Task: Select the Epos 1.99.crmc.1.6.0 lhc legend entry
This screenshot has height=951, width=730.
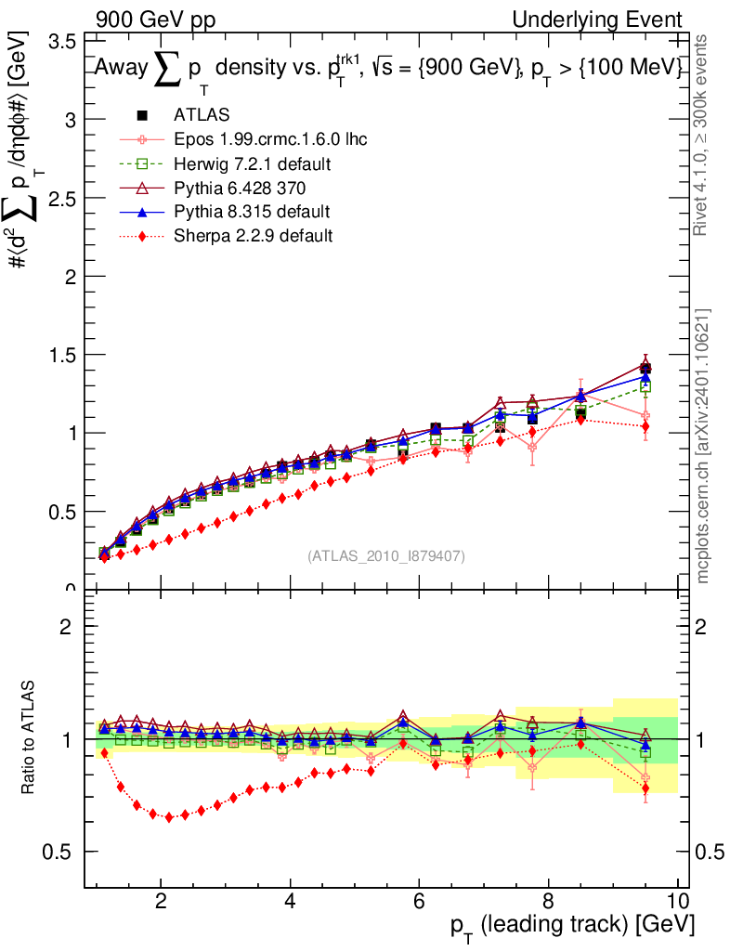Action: coord(270,139)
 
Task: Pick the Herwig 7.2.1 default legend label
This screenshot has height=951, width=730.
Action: coord(254,163)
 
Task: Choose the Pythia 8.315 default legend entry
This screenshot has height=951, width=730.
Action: coord(252,212)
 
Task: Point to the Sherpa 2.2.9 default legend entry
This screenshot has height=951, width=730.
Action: coord(253,236)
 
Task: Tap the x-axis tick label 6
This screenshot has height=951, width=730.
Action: coord(419,902)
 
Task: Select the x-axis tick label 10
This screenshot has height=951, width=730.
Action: coord(676,902)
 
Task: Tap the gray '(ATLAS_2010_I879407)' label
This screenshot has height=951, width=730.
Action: coord(386,556)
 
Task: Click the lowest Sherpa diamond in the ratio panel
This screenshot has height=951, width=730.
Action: coord(169,817)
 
